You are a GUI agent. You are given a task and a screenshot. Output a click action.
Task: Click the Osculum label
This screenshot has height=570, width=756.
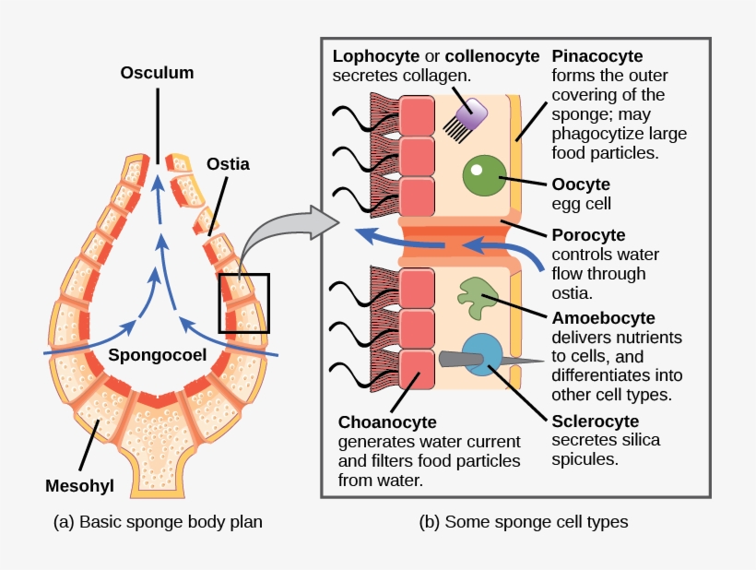pyautogui.click(x=157, y=73)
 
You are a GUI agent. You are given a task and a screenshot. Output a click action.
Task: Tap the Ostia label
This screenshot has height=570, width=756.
pyautogui.click(x=228, y=163)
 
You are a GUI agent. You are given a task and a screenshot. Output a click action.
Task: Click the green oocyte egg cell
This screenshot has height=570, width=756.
pyautogui.click(x=482, y=175)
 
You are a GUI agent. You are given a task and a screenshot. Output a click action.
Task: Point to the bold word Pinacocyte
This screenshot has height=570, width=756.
pyautogui.click(x=597, y=56)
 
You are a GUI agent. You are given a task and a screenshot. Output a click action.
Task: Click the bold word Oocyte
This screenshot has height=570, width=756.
pyautogui.click(x=579, y=184)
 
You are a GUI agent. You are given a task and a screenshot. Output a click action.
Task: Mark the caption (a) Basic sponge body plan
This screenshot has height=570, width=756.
pyautogui.click(x=159, y=522)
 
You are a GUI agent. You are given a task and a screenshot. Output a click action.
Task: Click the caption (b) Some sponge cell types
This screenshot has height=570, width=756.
pyautogui.click(x=524, y=522)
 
